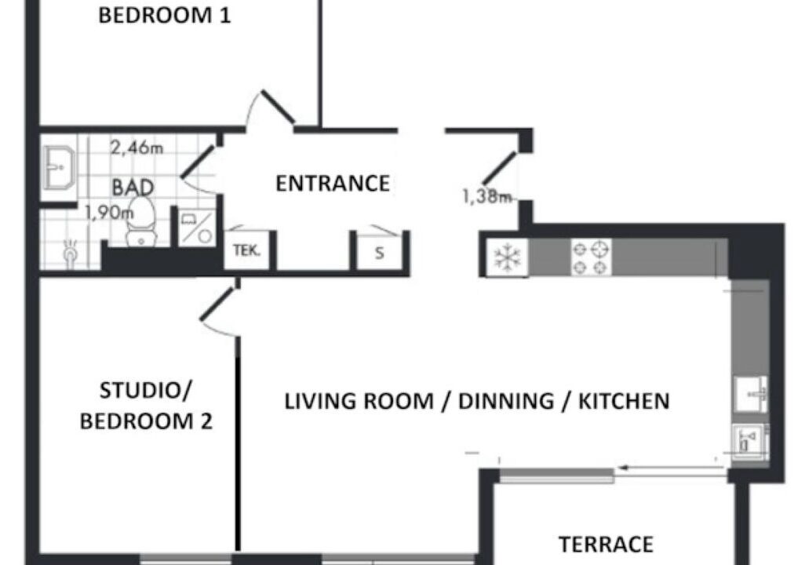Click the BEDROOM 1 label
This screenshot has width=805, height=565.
[164, 16]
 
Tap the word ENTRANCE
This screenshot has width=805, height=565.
[333, 184]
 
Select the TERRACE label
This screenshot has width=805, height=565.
[606, 545]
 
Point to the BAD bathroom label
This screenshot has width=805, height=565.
[133, 188]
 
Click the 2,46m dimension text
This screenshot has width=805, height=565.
[137, 148]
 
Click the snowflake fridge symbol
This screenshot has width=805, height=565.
[507, 257]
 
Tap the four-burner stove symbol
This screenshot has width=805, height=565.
[591, 257]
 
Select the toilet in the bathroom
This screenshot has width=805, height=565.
[141, 221]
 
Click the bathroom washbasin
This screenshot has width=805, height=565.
[59, 167]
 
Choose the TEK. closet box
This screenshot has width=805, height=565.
[247, 250]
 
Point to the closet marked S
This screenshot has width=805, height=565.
[380, 252]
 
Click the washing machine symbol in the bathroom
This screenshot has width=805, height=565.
[197, 227]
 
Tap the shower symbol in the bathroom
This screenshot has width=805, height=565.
[71, 251]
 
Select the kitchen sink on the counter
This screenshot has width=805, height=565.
[751, 394]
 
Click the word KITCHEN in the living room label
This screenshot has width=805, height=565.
[624, 401]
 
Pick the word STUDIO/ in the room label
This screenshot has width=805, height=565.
[145, 391]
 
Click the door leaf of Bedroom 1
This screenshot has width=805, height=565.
[278, 107]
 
